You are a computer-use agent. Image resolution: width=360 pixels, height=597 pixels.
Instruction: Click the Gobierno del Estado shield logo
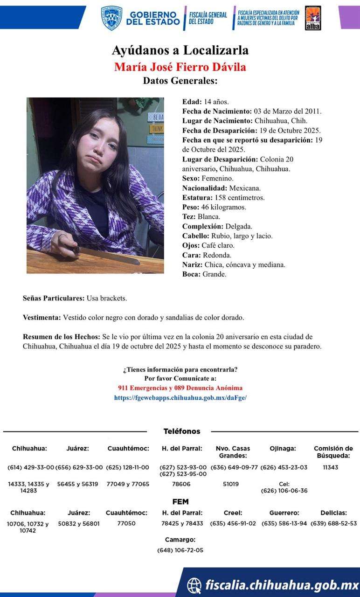(111, 18)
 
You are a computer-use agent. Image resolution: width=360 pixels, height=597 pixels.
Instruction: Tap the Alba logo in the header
(312, 18)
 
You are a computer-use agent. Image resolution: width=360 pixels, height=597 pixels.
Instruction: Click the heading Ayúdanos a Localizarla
(180, 50)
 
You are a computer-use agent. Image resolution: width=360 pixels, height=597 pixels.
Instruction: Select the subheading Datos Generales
(180, 80)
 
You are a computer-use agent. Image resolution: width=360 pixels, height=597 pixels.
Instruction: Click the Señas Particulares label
(54, 298)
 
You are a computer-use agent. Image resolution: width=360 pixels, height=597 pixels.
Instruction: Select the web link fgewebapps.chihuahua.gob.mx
(180, 398)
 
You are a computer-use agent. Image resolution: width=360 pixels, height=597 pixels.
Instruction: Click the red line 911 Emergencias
(180, 388)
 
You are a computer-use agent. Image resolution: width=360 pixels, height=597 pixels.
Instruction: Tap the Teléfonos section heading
(182, 431)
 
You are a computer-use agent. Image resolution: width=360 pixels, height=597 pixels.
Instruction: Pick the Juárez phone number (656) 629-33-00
(79, 467)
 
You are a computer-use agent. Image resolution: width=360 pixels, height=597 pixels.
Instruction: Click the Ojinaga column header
(283, 449)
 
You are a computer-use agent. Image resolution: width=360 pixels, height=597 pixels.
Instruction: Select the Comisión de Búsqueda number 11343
(330, 467)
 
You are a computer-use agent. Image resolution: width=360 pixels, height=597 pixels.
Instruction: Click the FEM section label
(180, 502)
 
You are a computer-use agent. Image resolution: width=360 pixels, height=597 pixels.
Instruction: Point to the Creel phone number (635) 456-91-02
(233, 523)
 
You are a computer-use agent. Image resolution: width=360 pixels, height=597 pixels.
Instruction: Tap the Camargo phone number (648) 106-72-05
(180, 550)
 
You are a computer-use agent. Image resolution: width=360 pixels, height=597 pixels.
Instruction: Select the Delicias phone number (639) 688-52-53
(333, 523)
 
